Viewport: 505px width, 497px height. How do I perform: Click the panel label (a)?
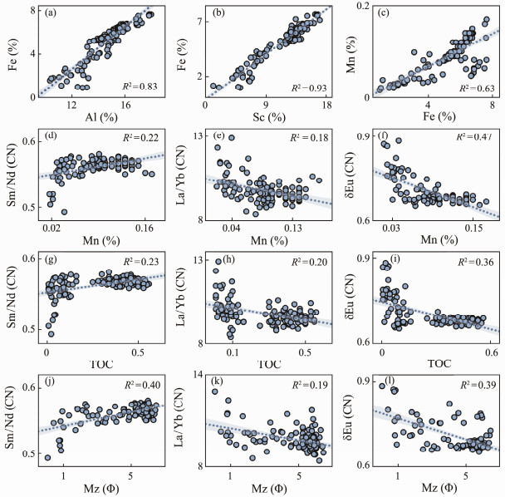pyautogui.click(x=51, y=12)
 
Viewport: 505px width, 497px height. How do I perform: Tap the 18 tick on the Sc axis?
pyautogui.click(x=326, y=105)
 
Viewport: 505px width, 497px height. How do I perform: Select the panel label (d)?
pyautogui.click(x=51, y=136)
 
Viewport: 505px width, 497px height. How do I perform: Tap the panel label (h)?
pyautogui.click(x=219, y=261)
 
